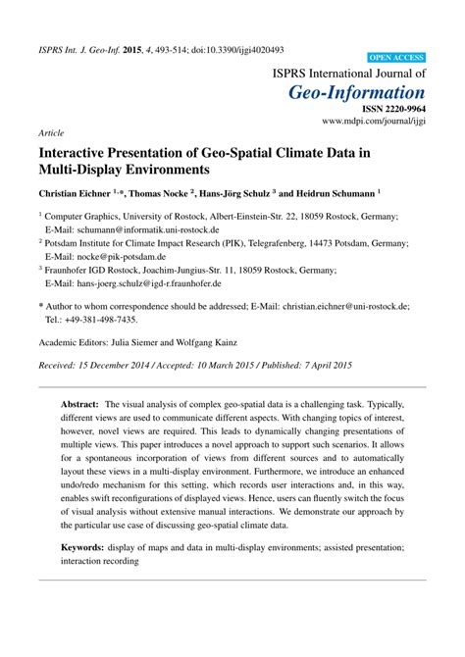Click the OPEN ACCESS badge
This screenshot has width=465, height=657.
396,59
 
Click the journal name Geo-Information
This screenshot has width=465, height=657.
356,92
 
